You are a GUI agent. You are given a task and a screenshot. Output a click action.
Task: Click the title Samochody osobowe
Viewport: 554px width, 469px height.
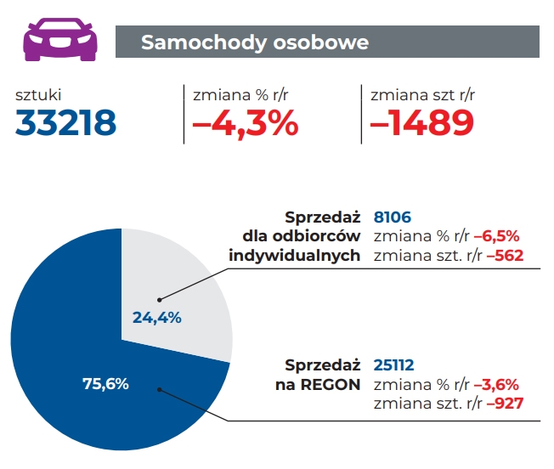[255, 42]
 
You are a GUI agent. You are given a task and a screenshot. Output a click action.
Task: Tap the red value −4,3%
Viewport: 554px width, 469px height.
[246, 125]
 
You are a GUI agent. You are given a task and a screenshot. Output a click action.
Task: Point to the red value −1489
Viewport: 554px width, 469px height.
[421, 125]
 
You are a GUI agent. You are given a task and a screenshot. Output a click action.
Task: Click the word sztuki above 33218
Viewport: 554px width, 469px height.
[39, 95]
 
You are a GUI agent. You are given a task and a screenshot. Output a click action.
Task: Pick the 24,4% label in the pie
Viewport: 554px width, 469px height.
[157, 317]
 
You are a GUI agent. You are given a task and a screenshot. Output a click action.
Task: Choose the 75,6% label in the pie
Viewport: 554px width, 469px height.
[105, 383]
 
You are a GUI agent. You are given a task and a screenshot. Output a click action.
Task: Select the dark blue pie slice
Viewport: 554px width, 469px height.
[76, 340]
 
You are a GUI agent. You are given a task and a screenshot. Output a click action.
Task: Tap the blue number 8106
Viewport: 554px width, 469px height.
[393, 218]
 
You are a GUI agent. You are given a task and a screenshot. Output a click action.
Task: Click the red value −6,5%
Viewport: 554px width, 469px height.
[496, 236]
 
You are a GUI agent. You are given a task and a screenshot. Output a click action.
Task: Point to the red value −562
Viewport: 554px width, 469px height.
[504, 255]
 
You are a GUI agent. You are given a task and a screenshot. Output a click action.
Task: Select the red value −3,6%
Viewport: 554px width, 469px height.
[496, 384]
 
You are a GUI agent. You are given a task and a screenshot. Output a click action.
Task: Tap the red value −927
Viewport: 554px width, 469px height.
[504, 403]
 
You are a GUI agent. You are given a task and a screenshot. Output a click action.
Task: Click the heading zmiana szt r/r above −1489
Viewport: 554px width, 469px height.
[422, 95]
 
